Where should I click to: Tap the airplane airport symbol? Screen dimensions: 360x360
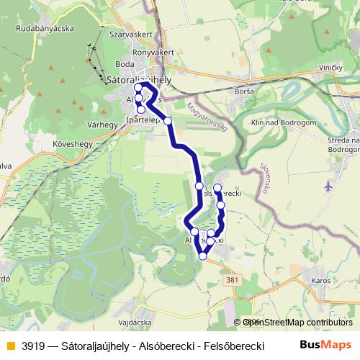pyautogui.click(x=329, y=185)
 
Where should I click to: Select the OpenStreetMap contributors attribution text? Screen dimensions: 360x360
pyautogui.click(x=297, y=323)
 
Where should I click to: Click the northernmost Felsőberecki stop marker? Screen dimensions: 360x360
pyautogui.click(x=217, y=188)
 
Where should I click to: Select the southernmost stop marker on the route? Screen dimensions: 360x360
pyautogui.click(x=203, y=256)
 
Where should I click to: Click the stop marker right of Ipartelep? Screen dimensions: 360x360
pyautogui.click(x=168, y=121)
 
